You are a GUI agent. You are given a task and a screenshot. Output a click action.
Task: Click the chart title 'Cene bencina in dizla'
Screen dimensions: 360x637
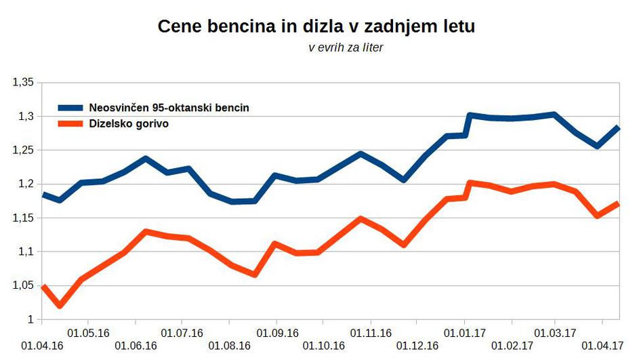pyautogui.click(x=316, y=27)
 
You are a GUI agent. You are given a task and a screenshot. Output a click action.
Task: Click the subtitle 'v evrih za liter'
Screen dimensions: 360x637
pyautogui.click(x=346, y=48)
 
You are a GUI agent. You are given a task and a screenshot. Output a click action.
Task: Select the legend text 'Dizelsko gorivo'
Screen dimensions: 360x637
pyautogui.click(x=129, y=123)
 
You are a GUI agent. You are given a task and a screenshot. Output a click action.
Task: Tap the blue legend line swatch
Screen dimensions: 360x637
pyautogui.click(x=70, y=108)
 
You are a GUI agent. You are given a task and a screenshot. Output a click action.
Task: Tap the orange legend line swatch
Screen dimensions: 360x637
pyautogui.click(x=70, y=123)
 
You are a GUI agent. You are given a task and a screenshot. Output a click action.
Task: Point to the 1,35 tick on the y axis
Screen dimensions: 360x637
pyautogui.click(x=22, y=82)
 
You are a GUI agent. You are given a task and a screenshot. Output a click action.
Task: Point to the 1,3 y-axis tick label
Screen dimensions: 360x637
pyautogui.click(x=25, y=116)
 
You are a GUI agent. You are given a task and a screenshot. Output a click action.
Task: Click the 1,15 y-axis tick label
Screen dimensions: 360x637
pyautogui.click(x=22, y=218)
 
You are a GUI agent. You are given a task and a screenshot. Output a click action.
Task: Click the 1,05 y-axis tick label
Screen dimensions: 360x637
pyautogui.click(x=22, y=285)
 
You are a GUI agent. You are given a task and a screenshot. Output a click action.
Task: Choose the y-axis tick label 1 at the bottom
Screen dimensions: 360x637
pyautogui.click(x=30, y=319)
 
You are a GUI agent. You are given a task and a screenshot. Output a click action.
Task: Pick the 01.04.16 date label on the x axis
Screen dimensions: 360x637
pyautogui.click(x=42, y=346)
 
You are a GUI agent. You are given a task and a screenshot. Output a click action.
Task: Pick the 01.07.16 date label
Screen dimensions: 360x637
pyautogui.click(x=182, y=333)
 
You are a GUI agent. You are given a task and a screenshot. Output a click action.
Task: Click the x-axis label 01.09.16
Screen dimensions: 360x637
pyautogui.click(x=276, y=333)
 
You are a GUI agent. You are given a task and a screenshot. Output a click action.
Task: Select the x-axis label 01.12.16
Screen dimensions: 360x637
pyautogui.click(x=417, y=346)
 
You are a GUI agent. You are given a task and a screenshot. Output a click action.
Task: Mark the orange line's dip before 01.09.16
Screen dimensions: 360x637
pyautogui.click(x=254, y=275)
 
